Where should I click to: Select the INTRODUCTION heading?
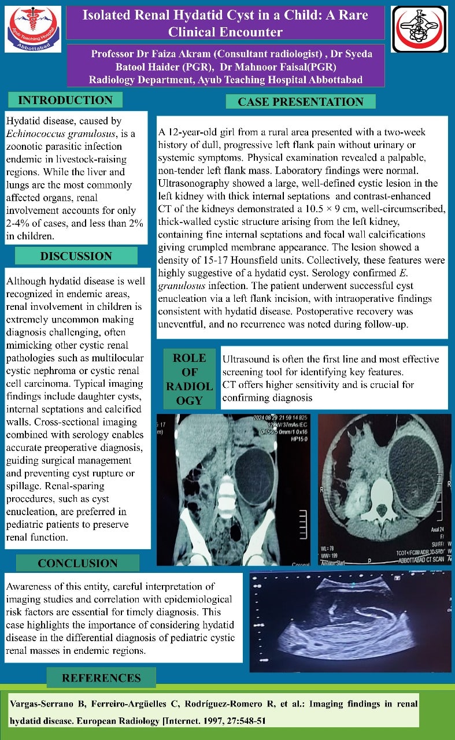point(65,100)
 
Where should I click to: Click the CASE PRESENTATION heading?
point(301,102)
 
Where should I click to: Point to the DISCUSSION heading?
point(76,256)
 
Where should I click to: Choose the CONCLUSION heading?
point(77,563)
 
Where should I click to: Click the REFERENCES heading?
point(101,678)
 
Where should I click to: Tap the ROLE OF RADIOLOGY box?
point(190,379)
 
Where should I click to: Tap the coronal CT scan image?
point(234,489)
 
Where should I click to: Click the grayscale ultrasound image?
point(350,621)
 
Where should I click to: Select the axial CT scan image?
point(384,489)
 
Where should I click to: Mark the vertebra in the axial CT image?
point(380,498)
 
